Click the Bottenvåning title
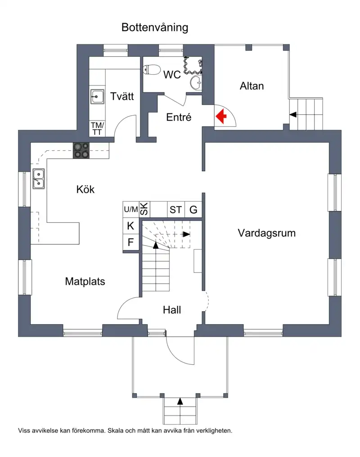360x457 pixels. click(x=155, y=28)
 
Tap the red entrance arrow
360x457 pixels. click(x=221, y=116)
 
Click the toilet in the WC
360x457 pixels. click(x=152, y=70)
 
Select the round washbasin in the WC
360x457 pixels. click(x=196, y=83)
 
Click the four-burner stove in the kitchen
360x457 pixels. click(x=81, y=150)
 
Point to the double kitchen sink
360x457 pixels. click(x=39, y=179)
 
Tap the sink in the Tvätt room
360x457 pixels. click(x=97, y=96)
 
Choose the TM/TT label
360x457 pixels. click(x=97, y=129)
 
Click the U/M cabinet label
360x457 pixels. click(x=131, y=209)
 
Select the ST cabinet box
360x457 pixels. click(x=176, y=210)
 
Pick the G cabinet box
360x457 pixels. click(x=193, y=210)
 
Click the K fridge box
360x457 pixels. click(x=131, y=226)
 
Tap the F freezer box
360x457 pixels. click(x=131, y=242)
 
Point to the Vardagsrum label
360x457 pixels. click(x=267, y=233)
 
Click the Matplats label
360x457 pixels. click(x=85, y=282)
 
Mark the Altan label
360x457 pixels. click(x=252, y=86)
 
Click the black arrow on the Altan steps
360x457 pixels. click(x=293, y=115)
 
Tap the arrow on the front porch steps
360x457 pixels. click(x=180, y=401)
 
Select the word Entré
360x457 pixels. click(x=179, y=117)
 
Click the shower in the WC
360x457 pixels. click(x=193, y=66)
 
